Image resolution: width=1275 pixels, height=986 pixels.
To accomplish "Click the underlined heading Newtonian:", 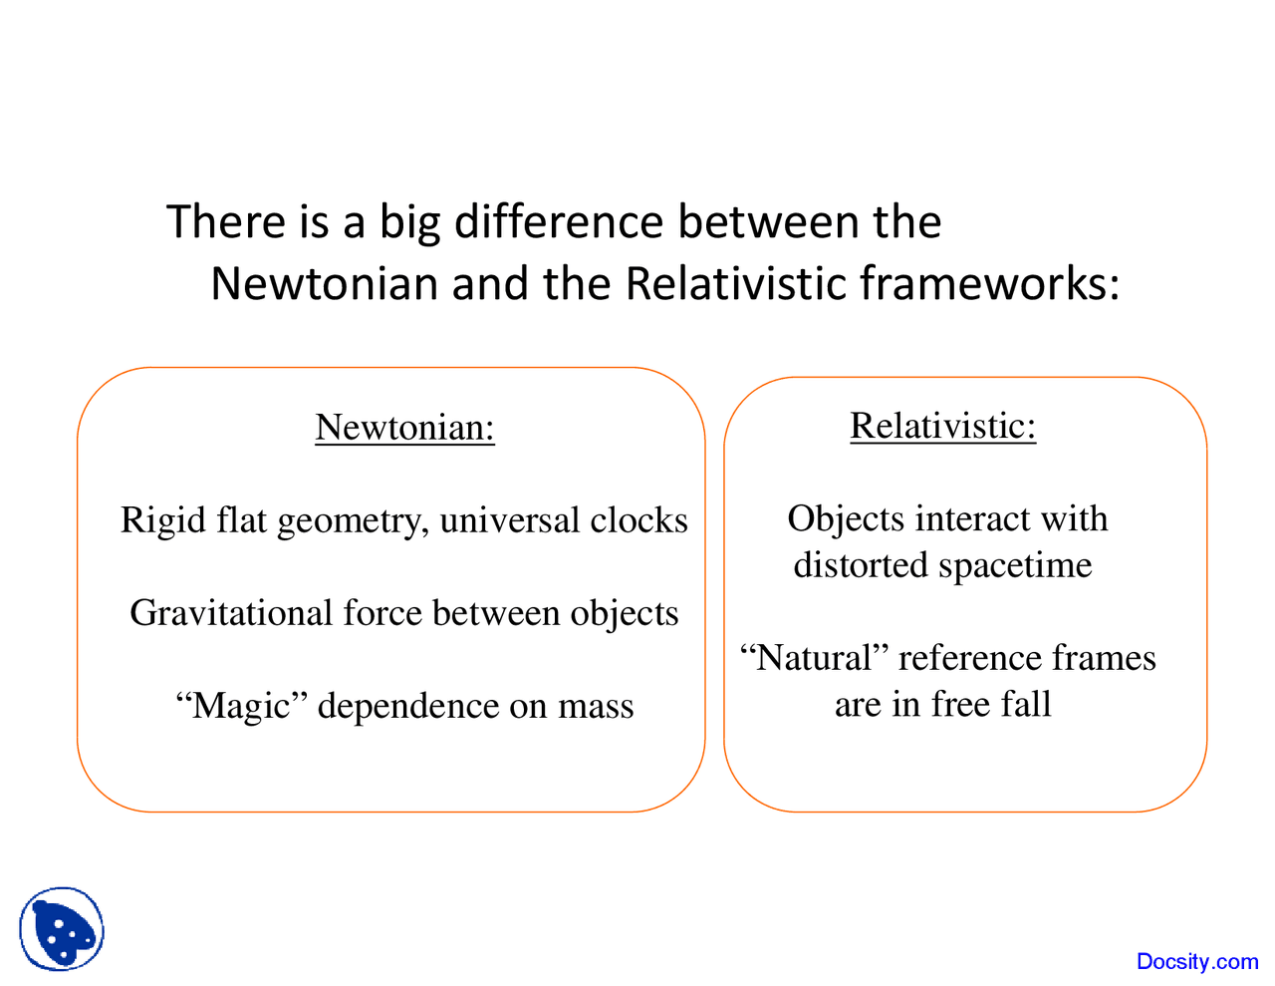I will (x=404, y=427).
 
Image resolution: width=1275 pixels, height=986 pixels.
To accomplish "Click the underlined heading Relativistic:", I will (x=942, y=426).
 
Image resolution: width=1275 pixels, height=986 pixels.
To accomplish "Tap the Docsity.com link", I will (x=1197, y=961).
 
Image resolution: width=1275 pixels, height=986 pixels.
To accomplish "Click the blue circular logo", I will (x=62, y=929).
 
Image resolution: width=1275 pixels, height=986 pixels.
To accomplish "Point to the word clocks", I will (x=638, y=520).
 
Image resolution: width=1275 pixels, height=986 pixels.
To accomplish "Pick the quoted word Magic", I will (x=241, y=705).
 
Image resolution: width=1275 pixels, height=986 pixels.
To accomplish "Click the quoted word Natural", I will (x=814, y=658).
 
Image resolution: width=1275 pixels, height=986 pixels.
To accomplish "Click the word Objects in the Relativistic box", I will (x=846, y=518).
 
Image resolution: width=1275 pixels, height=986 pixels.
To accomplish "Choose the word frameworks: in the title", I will (x=990, y=284).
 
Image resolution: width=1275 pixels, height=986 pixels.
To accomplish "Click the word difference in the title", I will (x=559, y=221).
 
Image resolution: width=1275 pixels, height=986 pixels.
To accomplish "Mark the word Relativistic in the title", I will (x=737, y=284).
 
